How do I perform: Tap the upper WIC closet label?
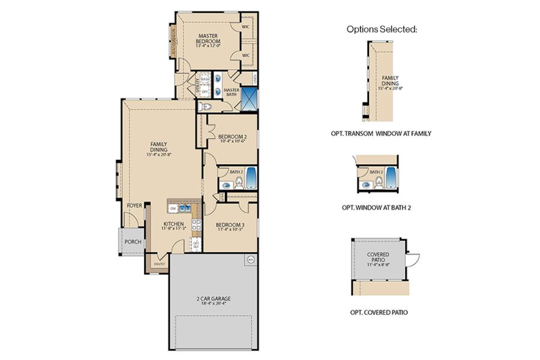[x=245, y=27]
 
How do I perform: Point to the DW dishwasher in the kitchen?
[x=173, y=208]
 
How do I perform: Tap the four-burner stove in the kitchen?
[x=196, y=226]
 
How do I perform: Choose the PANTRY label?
[x=160, y=263]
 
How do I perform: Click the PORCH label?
[x=133, y=242]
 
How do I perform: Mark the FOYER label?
[x=134, y=205]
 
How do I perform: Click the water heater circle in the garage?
[x=251, y=260]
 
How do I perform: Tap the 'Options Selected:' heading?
[x=381, y=29]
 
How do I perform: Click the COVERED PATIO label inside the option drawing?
[x=378, y=258]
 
